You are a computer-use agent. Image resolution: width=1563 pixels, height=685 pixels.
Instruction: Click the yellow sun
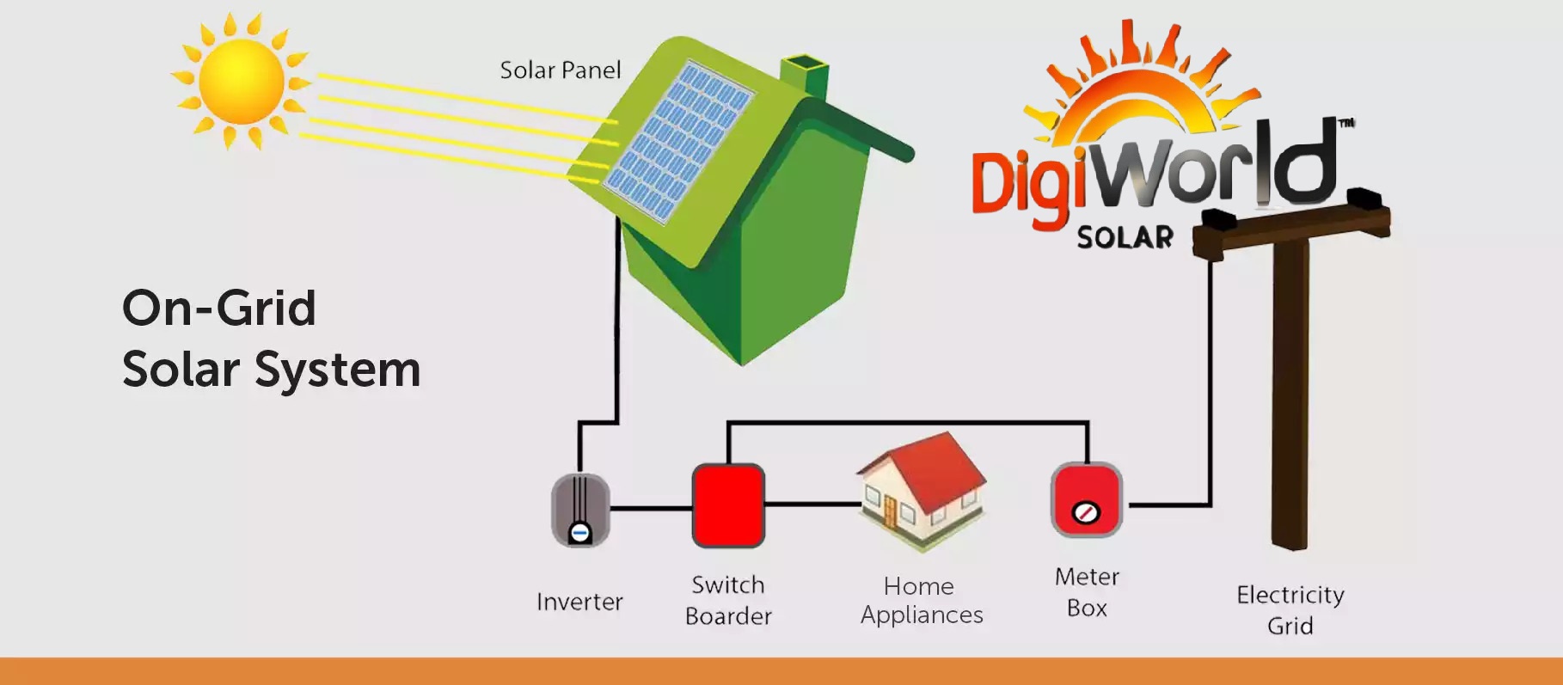click(x=242, y=82)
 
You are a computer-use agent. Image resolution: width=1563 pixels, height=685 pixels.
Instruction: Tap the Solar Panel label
click(x=560, y=70)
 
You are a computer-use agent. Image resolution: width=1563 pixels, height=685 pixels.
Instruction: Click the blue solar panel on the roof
click(x=678, y=142)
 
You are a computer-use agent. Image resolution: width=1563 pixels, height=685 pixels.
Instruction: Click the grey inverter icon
click(x=580, y=510)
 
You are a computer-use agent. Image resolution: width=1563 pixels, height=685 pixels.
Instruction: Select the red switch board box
click(x=728, y=505)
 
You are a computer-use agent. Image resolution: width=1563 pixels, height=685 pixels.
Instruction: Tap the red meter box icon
click(x=1087, y=499)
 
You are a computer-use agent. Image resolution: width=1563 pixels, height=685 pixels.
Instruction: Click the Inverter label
click(x=579, y=602)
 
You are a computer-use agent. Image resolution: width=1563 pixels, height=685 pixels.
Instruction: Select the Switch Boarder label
click(x=728, y=600)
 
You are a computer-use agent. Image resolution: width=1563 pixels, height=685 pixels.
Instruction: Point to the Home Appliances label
click(x=921, y=600)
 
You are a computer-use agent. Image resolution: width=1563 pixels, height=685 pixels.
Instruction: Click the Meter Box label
click(x=1087, y=591)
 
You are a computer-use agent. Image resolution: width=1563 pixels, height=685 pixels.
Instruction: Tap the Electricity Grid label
click(x=1290, y=609)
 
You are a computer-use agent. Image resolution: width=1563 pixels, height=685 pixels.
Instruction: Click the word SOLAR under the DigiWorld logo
click(x=1125, y=237)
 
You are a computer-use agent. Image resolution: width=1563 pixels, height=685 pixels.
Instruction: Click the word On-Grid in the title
click(x=219, y=308)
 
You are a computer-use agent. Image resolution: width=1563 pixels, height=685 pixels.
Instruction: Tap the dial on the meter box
click(x=1086, y=514)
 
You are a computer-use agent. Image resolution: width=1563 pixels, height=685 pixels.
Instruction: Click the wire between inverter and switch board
click(x=651, y=509)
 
